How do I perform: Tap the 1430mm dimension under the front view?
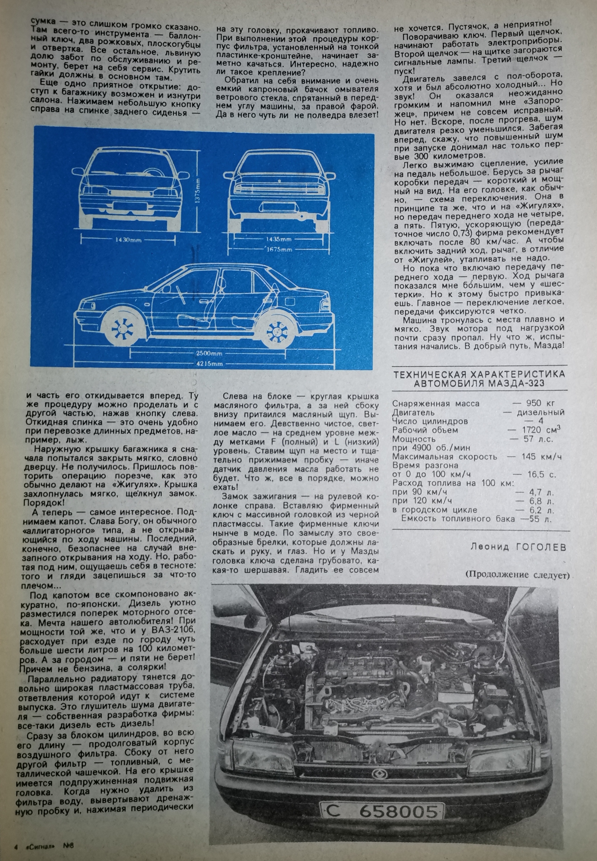click(128, 240)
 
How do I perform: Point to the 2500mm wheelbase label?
click(209, 353)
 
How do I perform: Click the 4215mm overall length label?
click(209, 364)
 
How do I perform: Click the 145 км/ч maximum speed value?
click(541, 456)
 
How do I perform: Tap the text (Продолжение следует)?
click(518, 575)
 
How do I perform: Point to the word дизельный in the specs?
click(541, 412)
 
